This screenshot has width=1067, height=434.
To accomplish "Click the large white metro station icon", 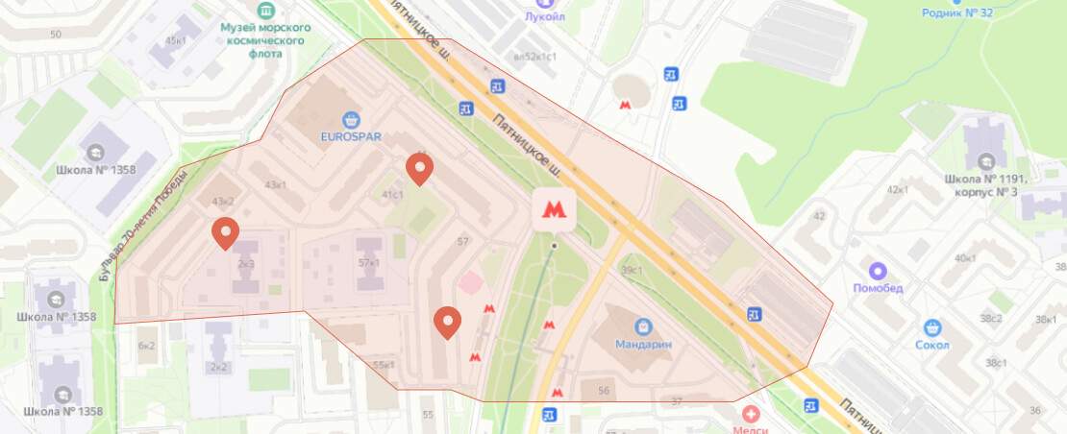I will pyautogui.click(x=554, y=208).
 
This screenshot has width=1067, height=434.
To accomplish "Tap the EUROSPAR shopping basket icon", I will pyautogui.click(x=352, y=119).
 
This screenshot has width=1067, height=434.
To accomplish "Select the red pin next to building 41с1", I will pyautogui.click(x=419, y=168).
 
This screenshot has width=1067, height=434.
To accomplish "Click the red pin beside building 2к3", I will pyautogui.click(x=225, y=232).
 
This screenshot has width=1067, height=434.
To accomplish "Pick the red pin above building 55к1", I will pyautogui.click(x=446, y=323).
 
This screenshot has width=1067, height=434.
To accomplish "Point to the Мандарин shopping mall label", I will pyautogui.click(x=645, y=344).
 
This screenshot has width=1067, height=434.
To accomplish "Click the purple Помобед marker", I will pyautogui.click(x=876, y=272).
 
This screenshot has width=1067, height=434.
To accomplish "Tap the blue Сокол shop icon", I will pyautogui.click(x=931, y=328).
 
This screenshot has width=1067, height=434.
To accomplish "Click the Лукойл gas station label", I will pyautogui.click(x=545, y=16).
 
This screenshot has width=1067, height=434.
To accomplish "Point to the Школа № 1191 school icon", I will pyautogui.click(x=985, y=160).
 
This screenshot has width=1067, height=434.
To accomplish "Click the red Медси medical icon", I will pyautogui.click(x=750, y=414).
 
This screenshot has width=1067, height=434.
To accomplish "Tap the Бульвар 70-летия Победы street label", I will pyautogui.click(x=106, y=236).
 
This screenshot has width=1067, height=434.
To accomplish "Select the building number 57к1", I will pyautogui.click(x=369, y=262).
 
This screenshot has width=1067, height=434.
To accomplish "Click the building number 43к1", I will pyautogui.click(x=276, y=184).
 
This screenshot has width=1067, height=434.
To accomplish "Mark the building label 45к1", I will pyautogui.click(x=176, y=41).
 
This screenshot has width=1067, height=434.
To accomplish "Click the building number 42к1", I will pyautogui.click(x=898, y=189).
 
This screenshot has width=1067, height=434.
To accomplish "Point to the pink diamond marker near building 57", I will pyautogui.click(x=471, y=283).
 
